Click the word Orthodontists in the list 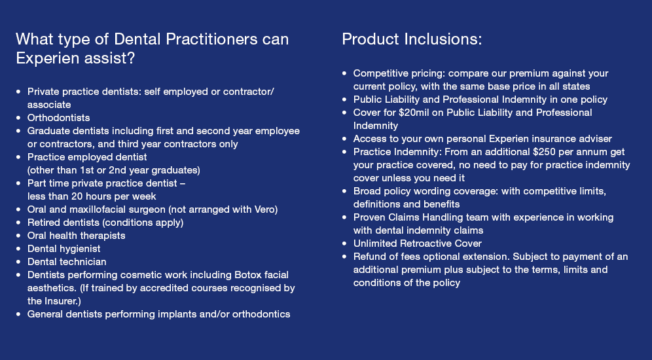pos(58,118)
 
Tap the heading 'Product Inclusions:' pos(412,39)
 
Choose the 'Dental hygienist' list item pos(63,249)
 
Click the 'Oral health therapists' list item pos(76,236)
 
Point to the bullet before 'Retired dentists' pos(18,223)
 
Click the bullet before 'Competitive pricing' pos(344,73)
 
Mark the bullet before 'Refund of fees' pos(344,257)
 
